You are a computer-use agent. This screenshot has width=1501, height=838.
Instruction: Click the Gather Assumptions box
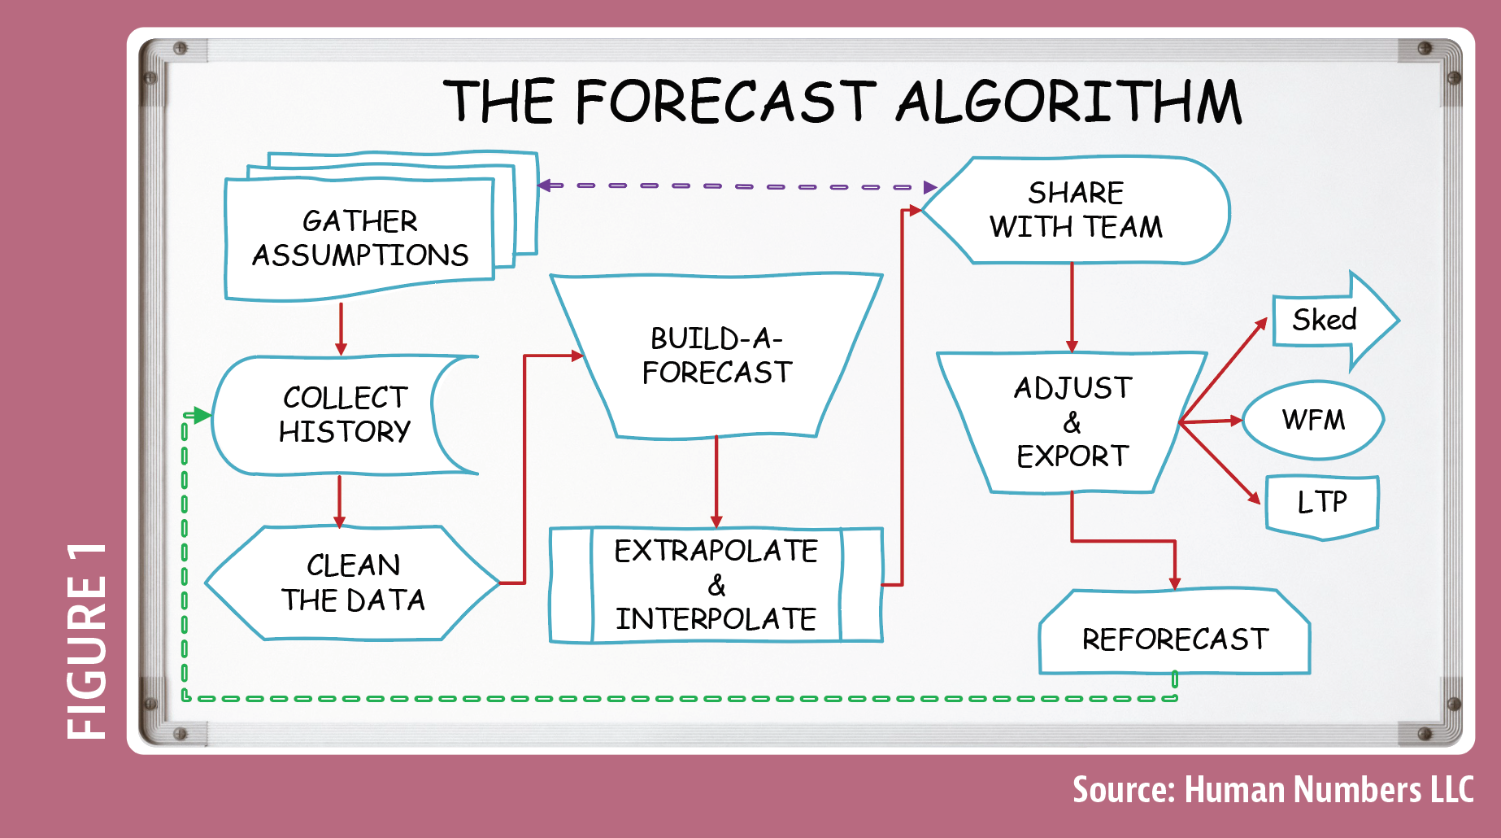click(x=359, y=238)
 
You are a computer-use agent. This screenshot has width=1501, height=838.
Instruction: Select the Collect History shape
click(x=345, y=415)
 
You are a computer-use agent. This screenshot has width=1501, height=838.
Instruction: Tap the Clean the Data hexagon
click(x=352, y=583)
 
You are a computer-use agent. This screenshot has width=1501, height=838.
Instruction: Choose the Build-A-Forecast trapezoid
click(x=716, y=356)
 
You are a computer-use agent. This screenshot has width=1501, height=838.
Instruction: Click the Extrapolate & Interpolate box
click(x=716, y=585)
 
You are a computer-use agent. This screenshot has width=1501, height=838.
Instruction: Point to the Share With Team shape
click(x=1075, y=210)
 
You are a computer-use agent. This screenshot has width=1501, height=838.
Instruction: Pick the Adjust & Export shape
click(x=1072, y=422)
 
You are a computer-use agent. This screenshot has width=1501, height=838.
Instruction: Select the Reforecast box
click(x=1174, y=632)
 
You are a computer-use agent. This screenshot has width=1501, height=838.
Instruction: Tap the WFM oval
click(x=1313, y=421)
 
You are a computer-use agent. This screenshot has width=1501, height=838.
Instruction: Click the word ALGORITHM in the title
click(x=1068, y=103)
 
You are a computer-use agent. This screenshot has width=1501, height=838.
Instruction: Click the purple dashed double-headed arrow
click(x=737, y=186)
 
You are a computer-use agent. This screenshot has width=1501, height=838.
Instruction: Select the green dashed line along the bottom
click(x=680, y=698)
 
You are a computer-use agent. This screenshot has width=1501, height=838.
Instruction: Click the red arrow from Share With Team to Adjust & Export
click(x=1072, y=308)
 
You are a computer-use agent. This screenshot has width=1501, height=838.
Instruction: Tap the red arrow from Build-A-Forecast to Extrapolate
click(x=716, y=482)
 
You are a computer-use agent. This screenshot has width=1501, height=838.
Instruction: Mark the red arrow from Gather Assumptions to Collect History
click(x=341, y=329)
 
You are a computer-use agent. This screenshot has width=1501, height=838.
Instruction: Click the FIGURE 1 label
click(x=87, y=641)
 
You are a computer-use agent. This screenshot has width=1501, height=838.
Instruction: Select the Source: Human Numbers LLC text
click(x=1273, y=790)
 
